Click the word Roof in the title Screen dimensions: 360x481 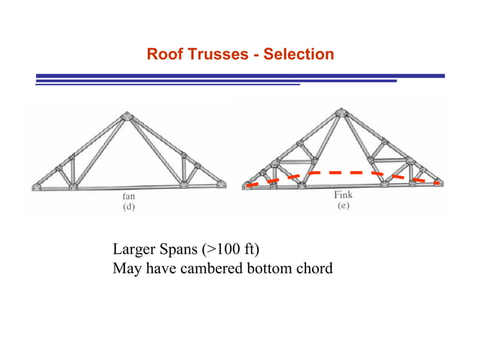[164, 55]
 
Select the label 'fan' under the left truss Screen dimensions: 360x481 [130, 197]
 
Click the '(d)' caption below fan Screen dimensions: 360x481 [130, 209]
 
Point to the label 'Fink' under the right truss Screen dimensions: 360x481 [342, 195]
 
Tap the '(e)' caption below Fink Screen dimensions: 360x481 [342, 206]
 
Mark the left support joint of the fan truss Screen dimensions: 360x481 [37, 186]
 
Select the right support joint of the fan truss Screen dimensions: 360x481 [219, 185]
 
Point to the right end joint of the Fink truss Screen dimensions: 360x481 [438, 182]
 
